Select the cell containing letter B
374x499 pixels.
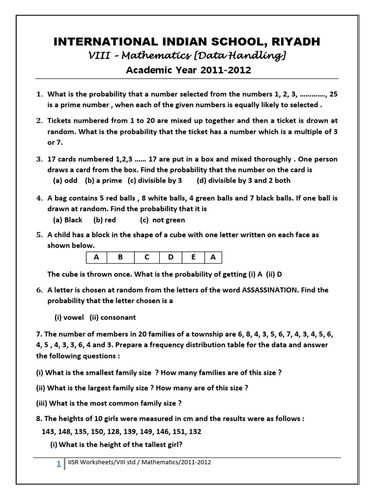click(120, 257)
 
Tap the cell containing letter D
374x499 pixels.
click(170, 257)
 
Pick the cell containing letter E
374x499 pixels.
click(193, 257)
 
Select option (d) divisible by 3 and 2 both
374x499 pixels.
click(243, 180)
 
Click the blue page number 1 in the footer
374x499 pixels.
click(58, 464)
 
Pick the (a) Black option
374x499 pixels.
click(68, 220)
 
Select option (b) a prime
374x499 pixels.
click(104, 180)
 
